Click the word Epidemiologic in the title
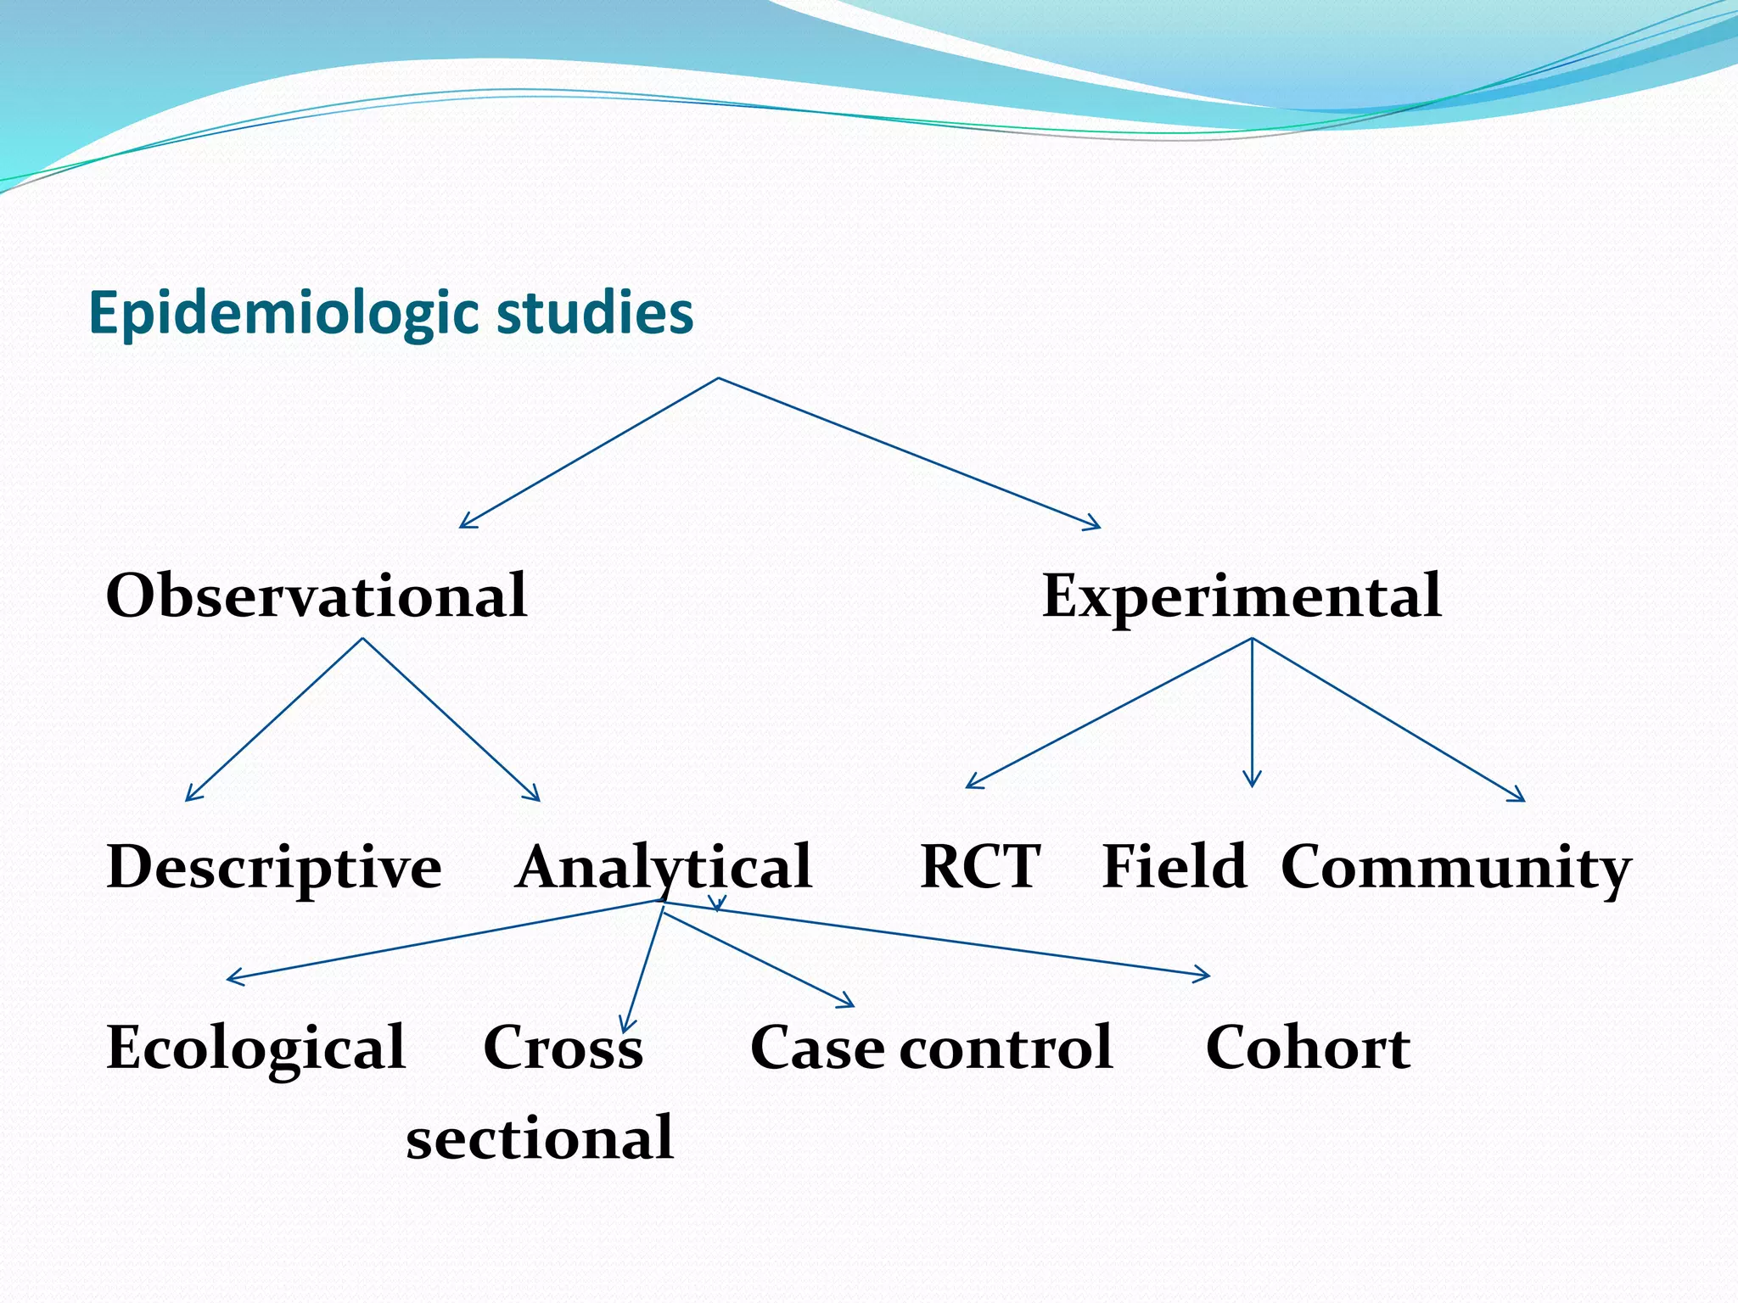click(285, 313)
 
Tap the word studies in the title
click(594, 311)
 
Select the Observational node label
click(317, 596)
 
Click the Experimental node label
click(1242, 596)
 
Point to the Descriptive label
click(274, 868)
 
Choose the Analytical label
click(664, 867)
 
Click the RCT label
click(980, 867)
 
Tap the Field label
click(1174, 867)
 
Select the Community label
click(1455, 869)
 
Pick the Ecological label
click(256, 1048)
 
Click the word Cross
click(563, 1048)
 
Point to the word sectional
click(540, 1138)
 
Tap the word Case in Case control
click(817, 1048)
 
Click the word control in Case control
click(1006, 1048)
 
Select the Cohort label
click(1308, 1048)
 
